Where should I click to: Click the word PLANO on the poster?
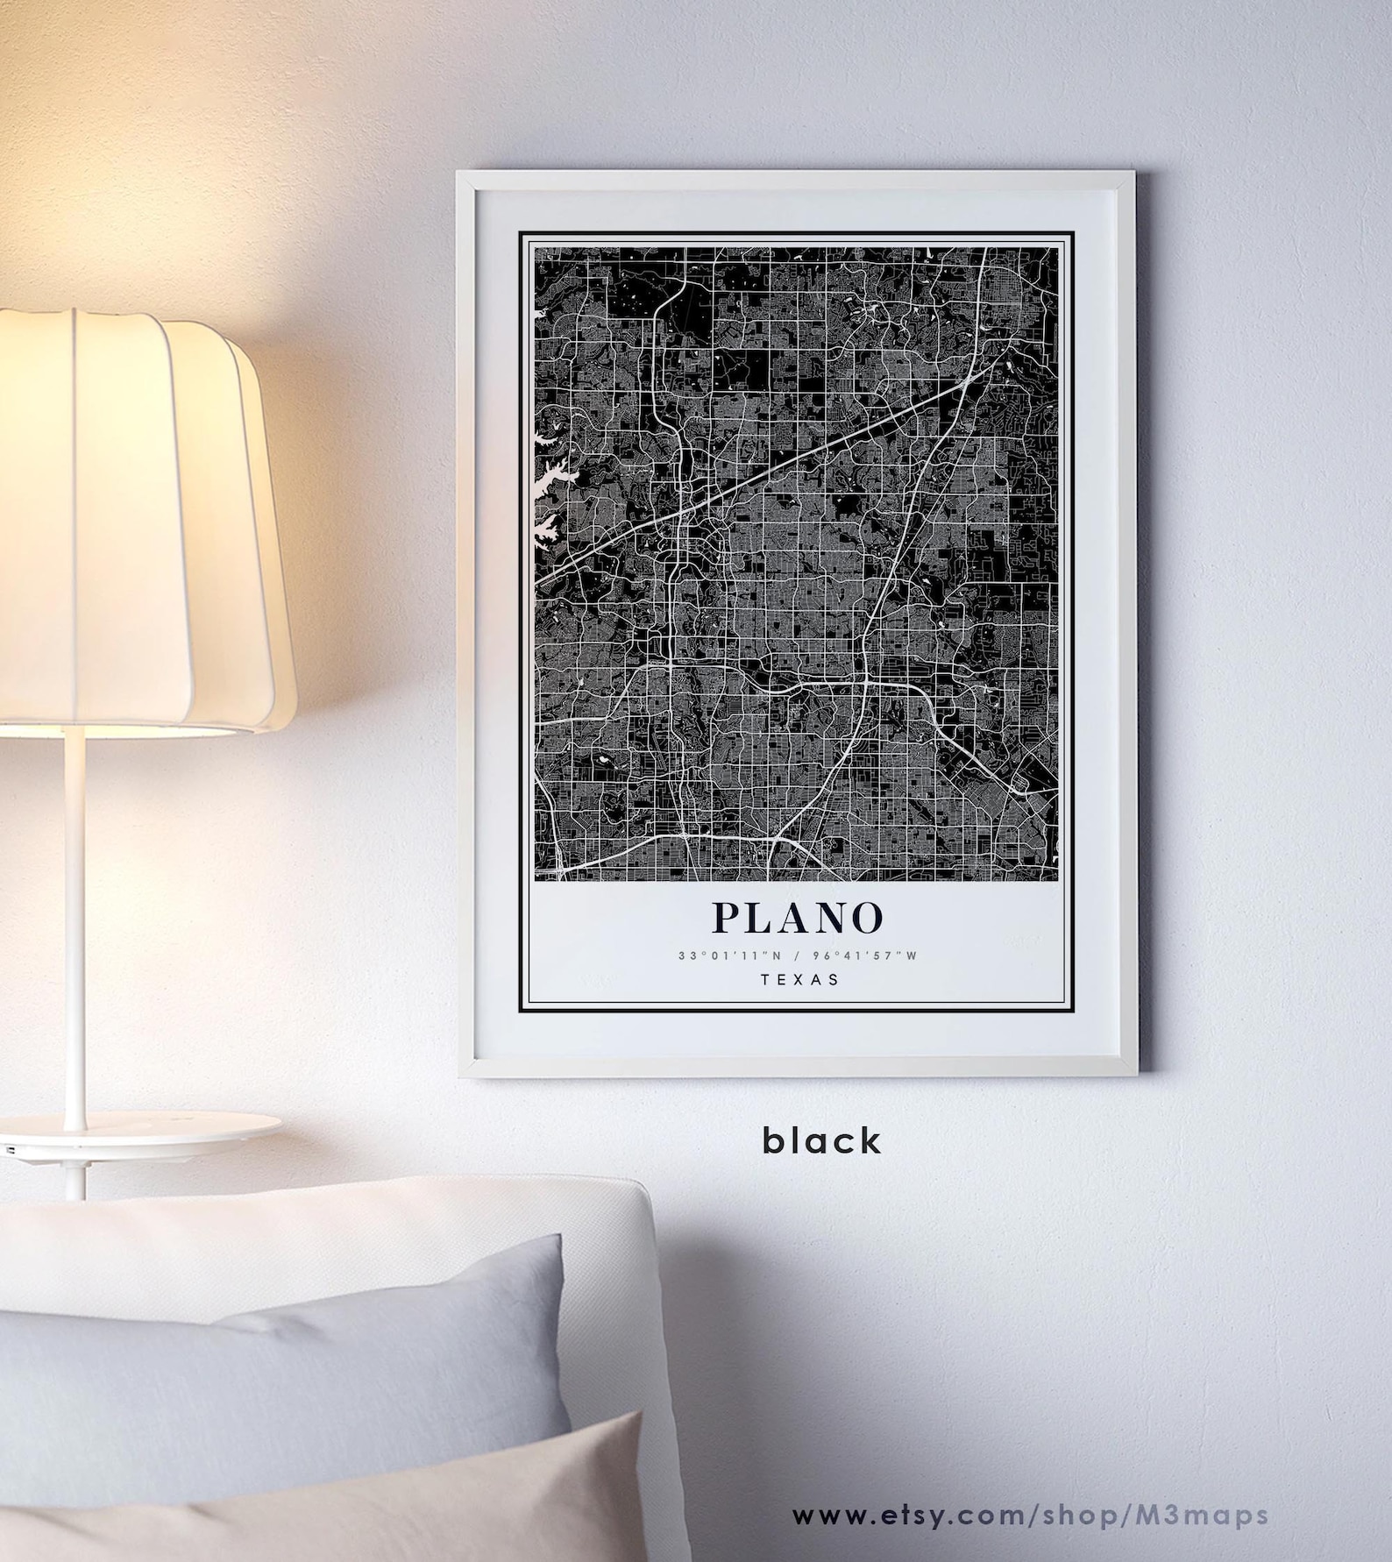click(x=797, y=918)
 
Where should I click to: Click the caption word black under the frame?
click(x=821, y=1141)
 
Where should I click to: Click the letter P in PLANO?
click(x=729, y=918)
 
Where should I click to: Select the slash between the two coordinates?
click(x=796, y=955)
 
